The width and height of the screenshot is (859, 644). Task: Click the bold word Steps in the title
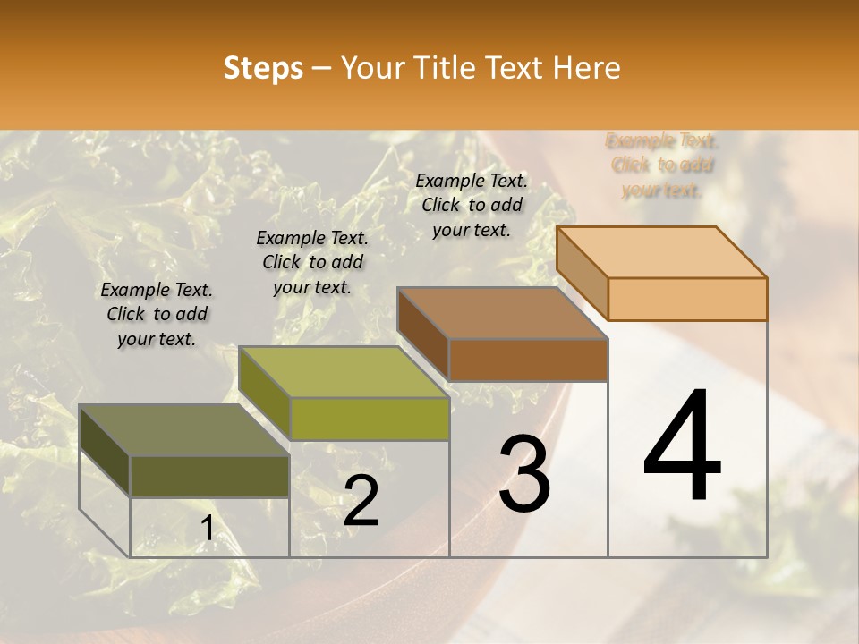point(262,68)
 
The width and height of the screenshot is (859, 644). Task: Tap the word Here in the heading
point(587,68)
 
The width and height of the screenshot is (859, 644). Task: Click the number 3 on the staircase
point(524,473)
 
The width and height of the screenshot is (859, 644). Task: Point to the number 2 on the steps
point(361,500)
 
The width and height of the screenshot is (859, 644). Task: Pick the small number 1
point(207,529)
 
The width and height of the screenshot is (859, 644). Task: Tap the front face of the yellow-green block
point(370,419)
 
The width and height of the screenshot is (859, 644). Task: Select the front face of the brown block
point(528,360)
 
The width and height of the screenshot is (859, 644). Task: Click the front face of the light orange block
point(687,299)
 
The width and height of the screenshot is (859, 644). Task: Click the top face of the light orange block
point(662,251)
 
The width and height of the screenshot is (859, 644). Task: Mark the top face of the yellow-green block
point(344,372)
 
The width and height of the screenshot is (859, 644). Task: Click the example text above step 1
point(157,314)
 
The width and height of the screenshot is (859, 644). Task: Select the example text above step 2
point(312,262)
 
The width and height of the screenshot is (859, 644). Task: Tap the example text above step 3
point(472,205)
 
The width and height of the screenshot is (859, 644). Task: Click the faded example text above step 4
point(662,165)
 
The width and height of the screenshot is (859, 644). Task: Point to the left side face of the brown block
point(423,334)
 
